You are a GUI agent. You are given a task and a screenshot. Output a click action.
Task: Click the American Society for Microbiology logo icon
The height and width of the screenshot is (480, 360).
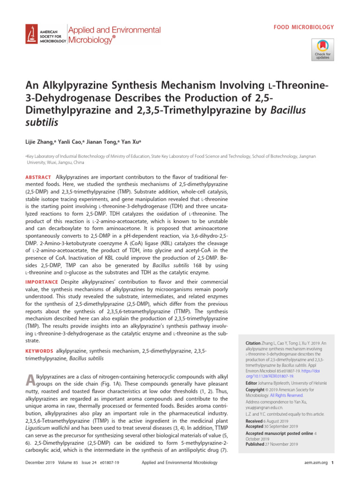(x=32, y=35)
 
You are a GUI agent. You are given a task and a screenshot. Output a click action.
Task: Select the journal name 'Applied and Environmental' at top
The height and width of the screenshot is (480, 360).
(x=114, y=30)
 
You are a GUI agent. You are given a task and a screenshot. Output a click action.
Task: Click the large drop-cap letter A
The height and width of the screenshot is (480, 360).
(x=29, y=382)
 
